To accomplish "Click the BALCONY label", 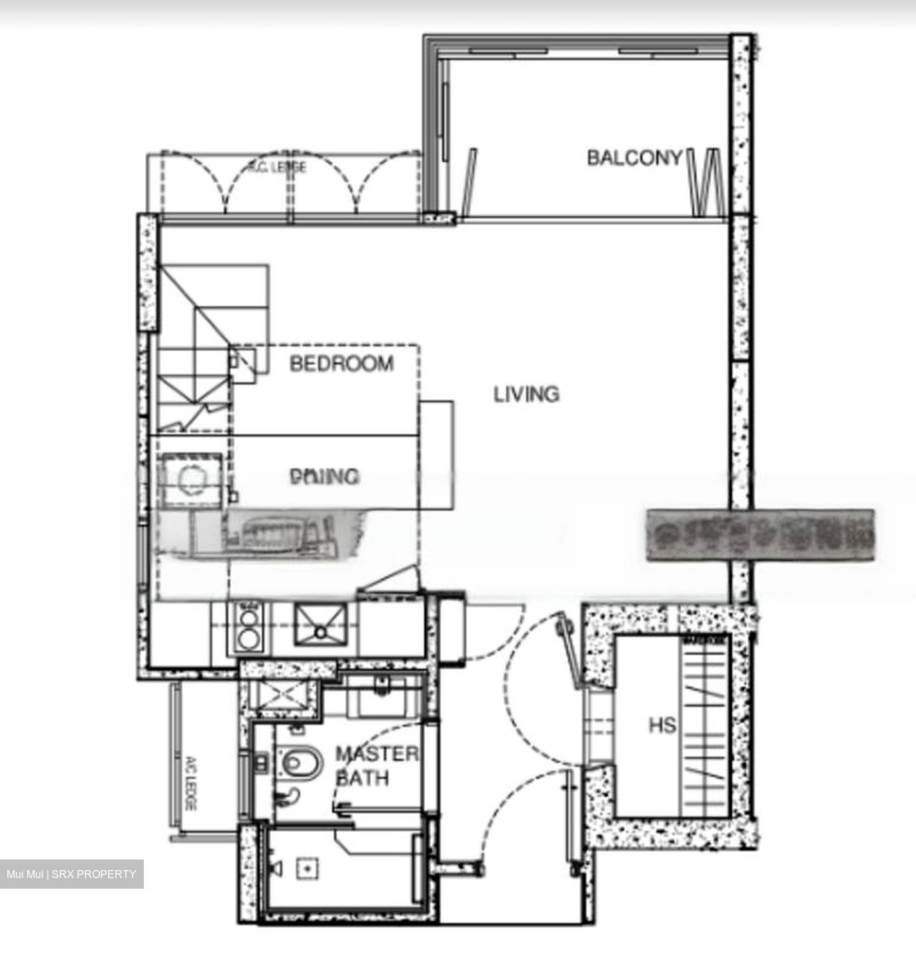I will [634, 158].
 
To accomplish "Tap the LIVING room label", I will [526, 394].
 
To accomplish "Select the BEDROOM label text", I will [341, 363].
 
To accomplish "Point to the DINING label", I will [325, 476].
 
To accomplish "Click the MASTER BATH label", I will [376, 766].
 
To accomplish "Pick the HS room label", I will [662, 725].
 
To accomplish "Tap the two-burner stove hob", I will [249, 628].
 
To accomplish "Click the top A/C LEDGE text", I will [278, 166].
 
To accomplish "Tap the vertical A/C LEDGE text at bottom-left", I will [190, 783].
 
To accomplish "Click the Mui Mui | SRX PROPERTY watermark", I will [72, 874].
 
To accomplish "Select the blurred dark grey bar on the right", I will [760, 535].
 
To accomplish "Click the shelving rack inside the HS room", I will [705, 728].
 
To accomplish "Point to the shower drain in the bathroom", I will [307, 866].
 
